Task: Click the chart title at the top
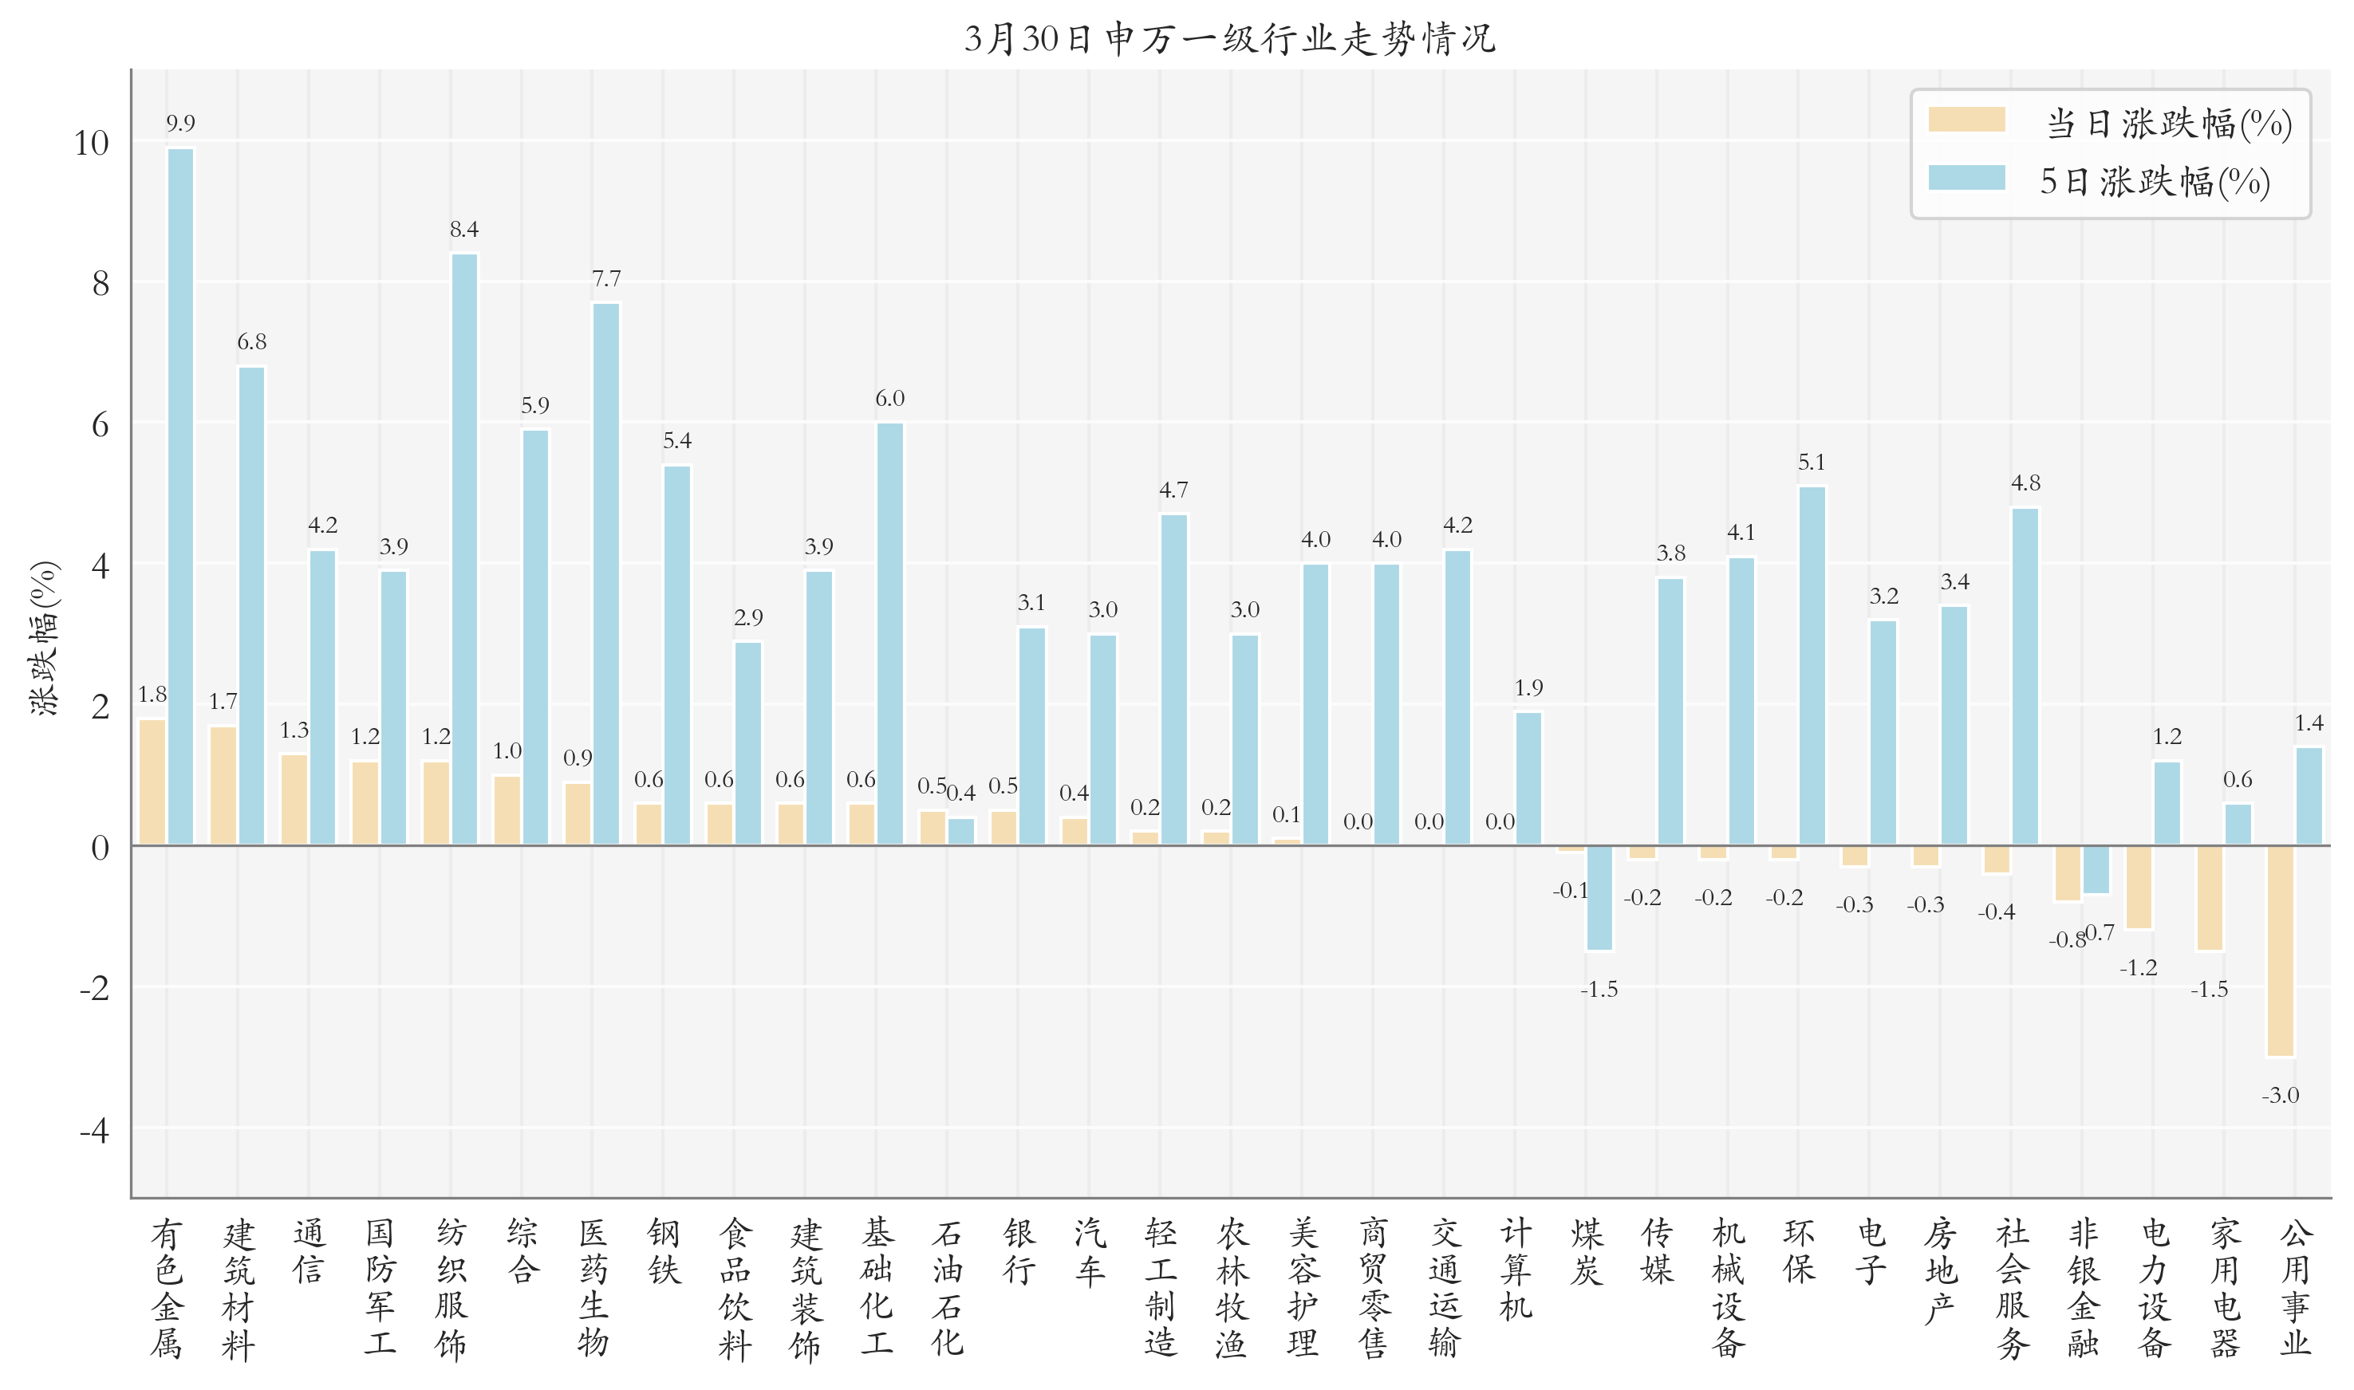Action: coord(1229,39)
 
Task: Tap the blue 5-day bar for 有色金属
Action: coord(181,496)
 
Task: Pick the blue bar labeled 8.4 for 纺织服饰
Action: coord(463,549)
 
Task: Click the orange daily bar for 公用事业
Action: coord(2279,951)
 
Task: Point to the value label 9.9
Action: coord(181,124)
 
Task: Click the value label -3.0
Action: coord(2279,1095)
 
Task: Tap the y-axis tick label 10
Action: coord(92,144)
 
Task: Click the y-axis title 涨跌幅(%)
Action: coord(44,638)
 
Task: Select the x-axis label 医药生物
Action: coord(593,1287)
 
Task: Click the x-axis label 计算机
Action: coord(1515,1269)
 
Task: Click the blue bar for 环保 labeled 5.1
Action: coord(1811,665)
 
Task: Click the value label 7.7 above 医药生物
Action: coord(606,279)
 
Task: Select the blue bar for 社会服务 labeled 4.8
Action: coord(2025,675)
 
